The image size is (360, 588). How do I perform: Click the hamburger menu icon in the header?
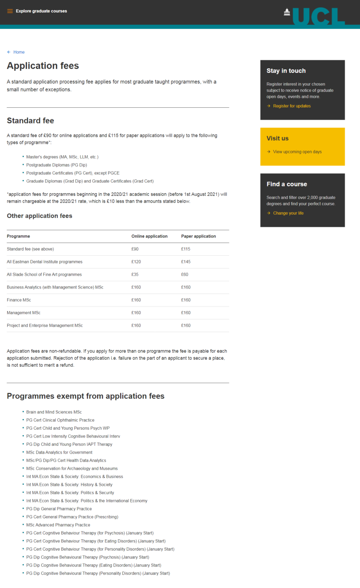pyautogui.click(x=10, y=11)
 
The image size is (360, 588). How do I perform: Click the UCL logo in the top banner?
pyautogui.click(x=314, y=16)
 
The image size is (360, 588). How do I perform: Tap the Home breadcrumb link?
pyautogui.click(x=19, y=52)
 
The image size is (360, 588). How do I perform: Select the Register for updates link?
pyautogui.click(x=292, y=106)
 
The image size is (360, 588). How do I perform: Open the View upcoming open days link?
pyautogui.click(x=297, y=152)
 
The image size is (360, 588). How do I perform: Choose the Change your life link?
pyautogui.click(x=288, y=213)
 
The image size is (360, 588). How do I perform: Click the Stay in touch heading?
pyautogui.click(x=286, y=71)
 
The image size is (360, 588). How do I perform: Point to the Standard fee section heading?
pyautogui.click(x=30, y=121)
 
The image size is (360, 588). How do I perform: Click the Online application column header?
pyautogui.click(x=149, y=236)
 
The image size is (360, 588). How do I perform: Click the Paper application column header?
pyautogui.click(x=198, y=236)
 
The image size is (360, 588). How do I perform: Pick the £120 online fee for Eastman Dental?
pyautogui.click(x=136, y=262)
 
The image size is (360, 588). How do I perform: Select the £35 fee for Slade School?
pyautogui.click(x=135, y=274)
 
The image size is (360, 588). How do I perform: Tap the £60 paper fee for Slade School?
pyautogui.click(x=185, y=274)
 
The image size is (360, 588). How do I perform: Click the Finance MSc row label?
pyautogui.click(x=19, y=300)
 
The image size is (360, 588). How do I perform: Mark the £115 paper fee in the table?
pyautogui.click(x=186, y=249)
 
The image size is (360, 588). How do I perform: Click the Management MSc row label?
pyautogui.click(x=23, y=313)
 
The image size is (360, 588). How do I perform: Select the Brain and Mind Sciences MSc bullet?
pyautogui.click(x=54, y=412)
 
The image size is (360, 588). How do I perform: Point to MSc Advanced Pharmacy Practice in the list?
pyautogui.click(x=58, y=525)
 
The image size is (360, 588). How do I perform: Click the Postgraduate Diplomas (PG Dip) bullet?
pyautogui.click(x=57, y=165)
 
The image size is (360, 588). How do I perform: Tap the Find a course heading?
pyautogui.click(x=287, y=184)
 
